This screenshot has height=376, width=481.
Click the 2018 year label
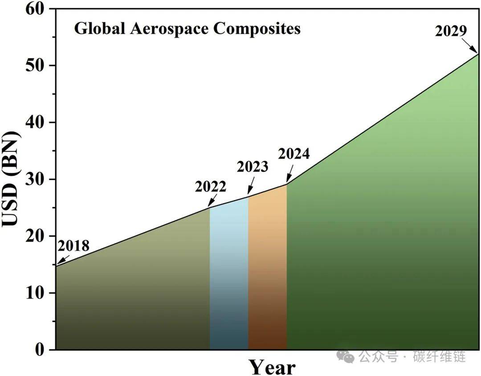tap(73, 245)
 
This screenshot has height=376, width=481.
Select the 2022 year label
tap(210, 186)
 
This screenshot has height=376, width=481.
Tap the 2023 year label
tap(253, 167)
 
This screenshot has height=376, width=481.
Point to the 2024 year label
tap(294, 153)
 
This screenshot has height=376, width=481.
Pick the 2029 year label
tap(451, 31)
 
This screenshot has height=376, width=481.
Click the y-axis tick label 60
tap(35, 9)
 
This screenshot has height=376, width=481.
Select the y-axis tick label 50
tap(35, 65)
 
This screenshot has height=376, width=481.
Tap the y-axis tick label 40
tap(35, 123)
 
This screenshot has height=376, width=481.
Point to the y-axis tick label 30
tap(35, 179)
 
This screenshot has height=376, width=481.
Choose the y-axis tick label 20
tap(35, 236)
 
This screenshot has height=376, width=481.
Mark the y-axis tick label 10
tap(35, 293)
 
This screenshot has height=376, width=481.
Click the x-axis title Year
tap(272, 367)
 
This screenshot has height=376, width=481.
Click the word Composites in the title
tap(257, 29)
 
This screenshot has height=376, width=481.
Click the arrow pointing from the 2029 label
tap(470, 46)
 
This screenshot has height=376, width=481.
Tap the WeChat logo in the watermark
tap(346, 356)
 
